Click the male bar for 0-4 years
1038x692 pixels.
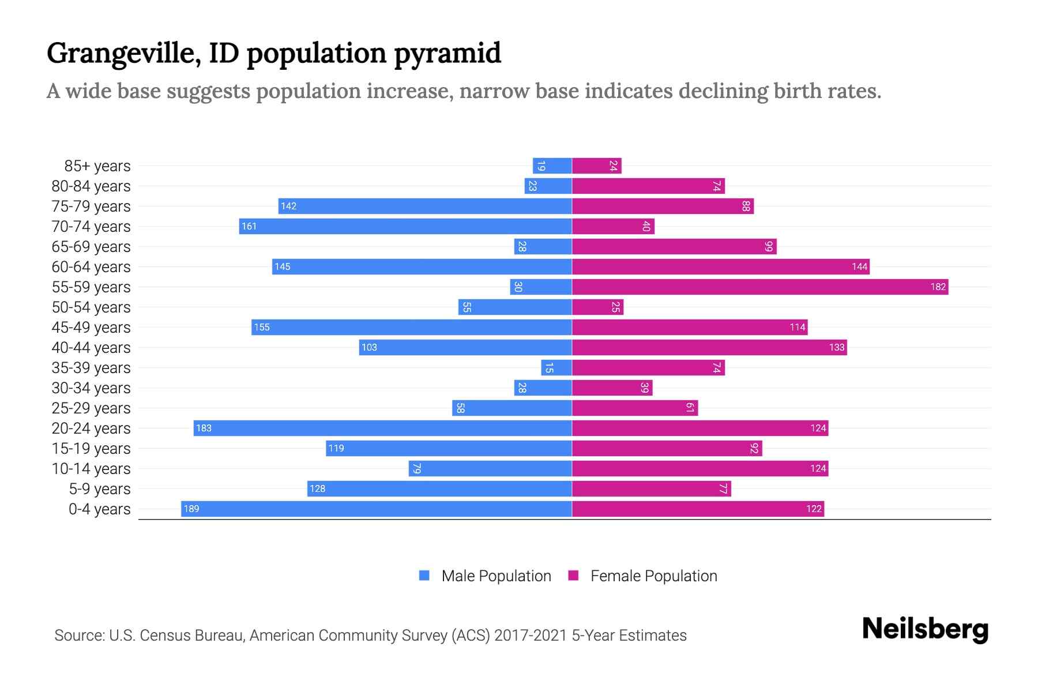click(376, 509)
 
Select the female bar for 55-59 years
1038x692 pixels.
click(760, 287)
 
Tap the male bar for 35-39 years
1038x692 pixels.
click(556, 367)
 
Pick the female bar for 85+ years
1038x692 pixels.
click(596, 166)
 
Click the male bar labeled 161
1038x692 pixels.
click(405, 226)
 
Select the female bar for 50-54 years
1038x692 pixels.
click(597, 307)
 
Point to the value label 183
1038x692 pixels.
click(204, 428)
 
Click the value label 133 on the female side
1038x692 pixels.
click(836, 347)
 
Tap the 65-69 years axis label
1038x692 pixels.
click(91, 247)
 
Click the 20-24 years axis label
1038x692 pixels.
click(91, 428)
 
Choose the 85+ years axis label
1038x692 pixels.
click(97, 166)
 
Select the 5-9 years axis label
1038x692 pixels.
click(100, 489)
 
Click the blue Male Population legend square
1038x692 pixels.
click(424, 576)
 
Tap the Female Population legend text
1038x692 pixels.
click(653, 576)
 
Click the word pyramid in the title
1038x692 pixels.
click(447, 54)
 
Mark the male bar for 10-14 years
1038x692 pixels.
click(490, 468)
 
